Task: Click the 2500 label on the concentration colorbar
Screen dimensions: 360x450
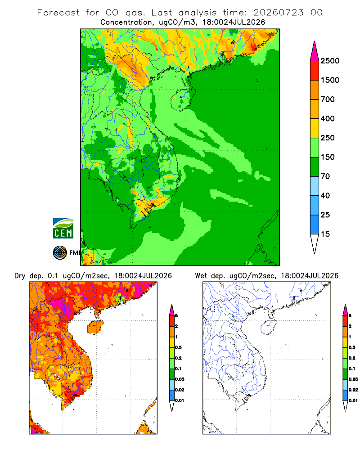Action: click(x=330, y=61)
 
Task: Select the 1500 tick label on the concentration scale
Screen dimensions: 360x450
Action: click(x=330, y=80)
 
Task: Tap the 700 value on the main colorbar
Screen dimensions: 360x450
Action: click(x=328, y=99)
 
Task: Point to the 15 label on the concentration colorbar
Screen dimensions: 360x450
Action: click(x=325, y=234)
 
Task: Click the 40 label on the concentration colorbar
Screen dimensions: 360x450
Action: click(x=325, y=196)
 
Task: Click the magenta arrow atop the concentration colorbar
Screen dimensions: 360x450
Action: click(x=315, y=51)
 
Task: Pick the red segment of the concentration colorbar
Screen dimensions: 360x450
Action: click(x=315, y=71)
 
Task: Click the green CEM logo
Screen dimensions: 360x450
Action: click(x=63, y=229)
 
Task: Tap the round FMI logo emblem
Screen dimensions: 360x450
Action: click(x=60, y=253)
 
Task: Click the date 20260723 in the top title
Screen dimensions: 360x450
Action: click(x=278, y=13)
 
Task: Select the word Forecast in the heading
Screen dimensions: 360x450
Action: click(x=58, y=13)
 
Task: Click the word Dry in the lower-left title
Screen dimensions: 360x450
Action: click(x=20, y=276)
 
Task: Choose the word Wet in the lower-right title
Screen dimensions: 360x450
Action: click(x=201, y=276)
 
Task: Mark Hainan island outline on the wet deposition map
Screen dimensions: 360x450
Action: click(x=261, y=327)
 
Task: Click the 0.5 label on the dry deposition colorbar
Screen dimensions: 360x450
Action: click(x=178, y=347)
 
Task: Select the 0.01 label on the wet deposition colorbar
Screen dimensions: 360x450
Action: click(x=353, y=400)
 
